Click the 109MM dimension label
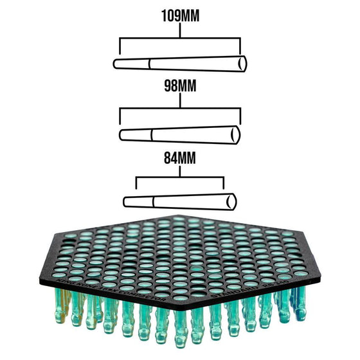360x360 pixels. click(x=180, y=16)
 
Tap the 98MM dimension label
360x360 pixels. click(x=180, y=86)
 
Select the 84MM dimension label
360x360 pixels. click(x=180, y=157)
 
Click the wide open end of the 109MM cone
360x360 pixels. click(x=243, y=64)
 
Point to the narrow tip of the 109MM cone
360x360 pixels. click(x=114, y=64)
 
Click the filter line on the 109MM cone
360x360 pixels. click(x=149, y=64)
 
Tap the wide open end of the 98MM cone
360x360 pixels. click(x=236, y=135)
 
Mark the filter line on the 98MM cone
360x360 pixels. click(x=152, y=135)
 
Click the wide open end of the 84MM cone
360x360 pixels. click(x=231, y=202)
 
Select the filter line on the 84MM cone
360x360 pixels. click(x=153, y=202)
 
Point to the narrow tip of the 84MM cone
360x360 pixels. click(x=125, y=202)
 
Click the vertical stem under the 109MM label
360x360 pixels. click(x=180, y=30)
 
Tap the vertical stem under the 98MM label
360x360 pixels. click(x=180, y=100)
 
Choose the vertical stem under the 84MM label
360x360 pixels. click(x=180, y=171)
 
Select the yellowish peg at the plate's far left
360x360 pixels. click(x=61, y=306)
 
